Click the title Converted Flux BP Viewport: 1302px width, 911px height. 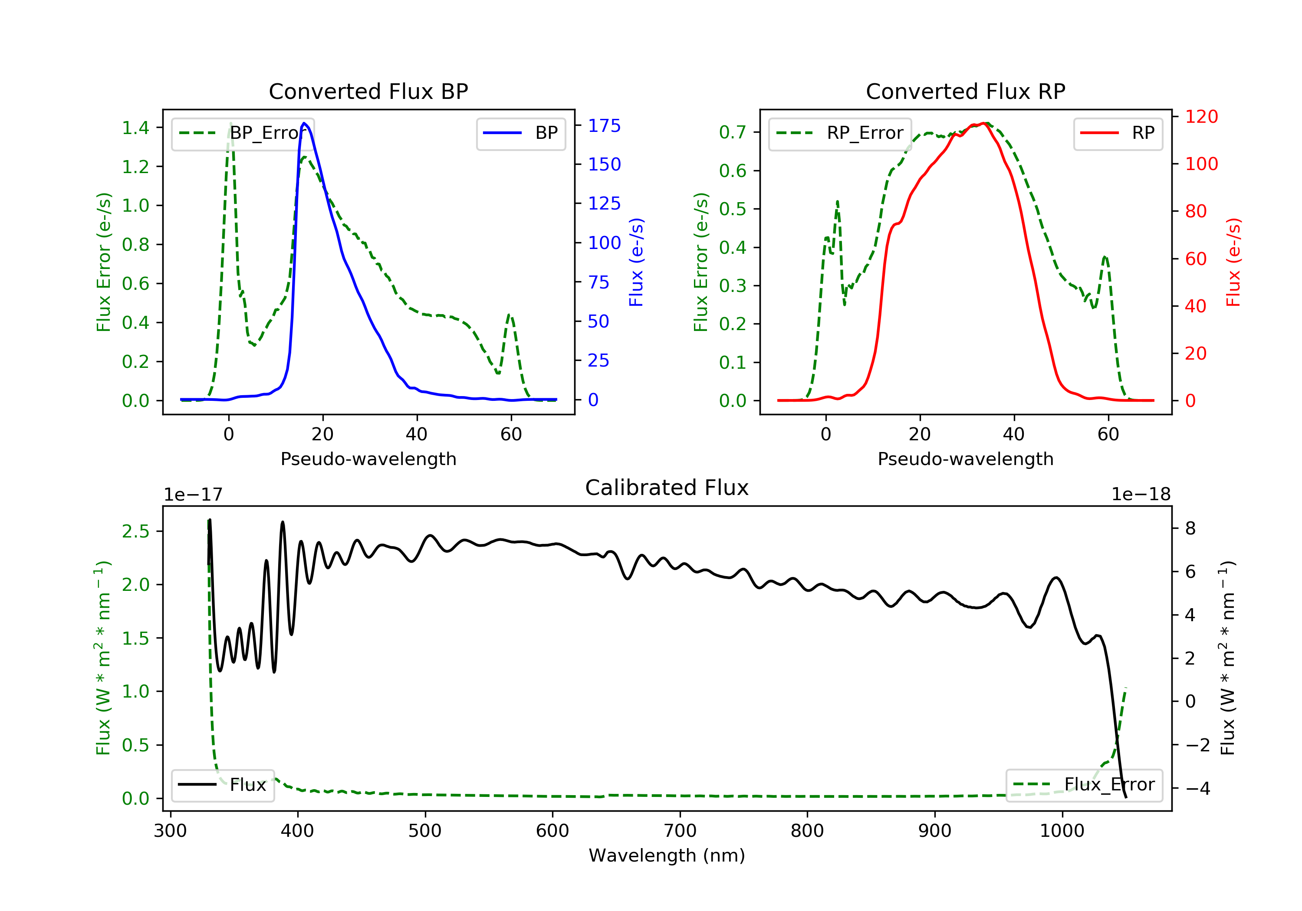point(368,91)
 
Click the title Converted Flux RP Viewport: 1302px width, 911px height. point(965,91)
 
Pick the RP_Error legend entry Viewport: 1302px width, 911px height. point(839,133)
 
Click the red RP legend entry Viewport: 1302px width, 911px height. point(1118,133)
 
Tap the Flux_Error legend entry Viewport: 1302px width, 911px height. point(1084,785)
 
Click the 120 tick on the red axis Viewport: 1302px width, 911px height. point(1201,117)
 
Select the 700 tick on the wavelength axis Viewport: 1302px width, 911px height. point(680,831)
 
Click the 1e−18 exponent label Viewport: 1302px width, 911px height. point(1141,495)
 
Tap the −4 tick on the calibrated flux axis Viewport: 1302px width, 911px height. point(1197,789)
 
